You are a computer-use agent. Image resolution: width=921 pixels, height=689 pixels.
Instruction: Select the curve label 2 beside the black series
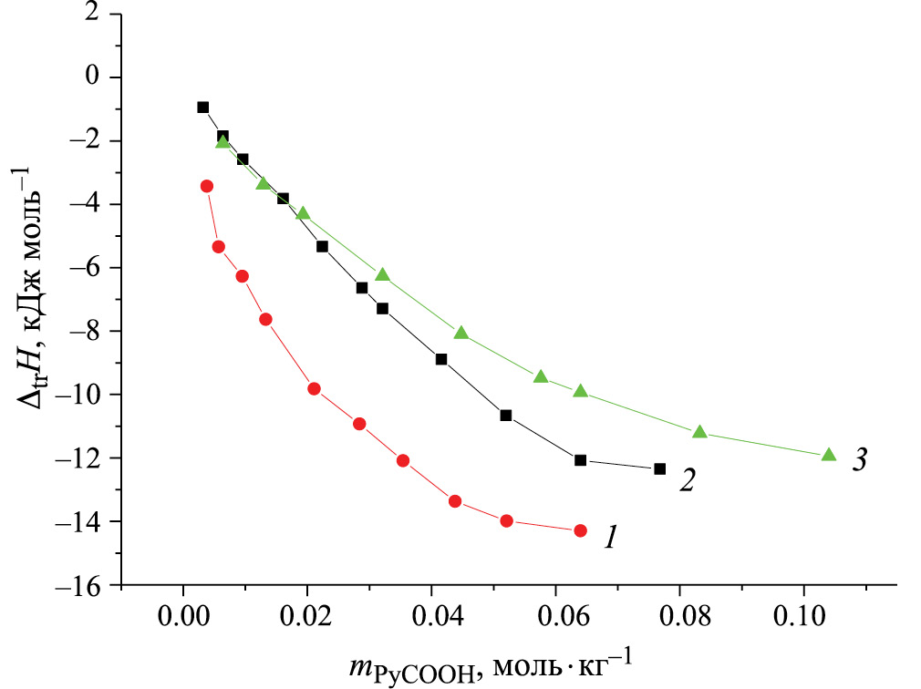point(688,481)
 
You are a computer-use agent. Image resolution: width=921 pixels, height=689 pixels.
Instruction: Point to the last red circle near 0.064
point(580,530)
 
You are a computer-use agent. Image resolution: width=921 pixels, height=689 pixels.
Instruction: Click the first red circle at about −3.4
point(207,186)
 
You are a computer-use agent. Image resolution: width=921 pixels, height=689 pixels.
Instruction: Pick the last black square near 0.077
point(659,468)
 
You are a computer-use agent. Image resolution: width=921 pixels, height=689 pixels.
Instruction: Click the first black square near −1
point(202,107)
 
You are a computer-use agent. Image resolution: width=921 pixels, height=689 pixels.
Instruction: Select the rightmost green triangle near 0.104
point(828,455)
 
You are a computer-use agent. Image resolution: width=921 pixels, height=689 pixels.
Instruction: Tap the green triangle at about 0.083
point(699,432)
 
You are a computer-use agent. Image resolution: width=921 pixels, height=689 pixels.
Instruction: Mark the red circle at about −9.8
point(315,388)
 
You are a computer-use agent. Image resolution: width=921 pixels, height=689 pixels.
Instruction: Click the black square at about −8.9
point(441,359)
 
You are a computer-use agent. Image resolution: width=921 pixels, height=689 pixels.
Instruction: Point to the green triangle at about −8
point(460,333)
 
